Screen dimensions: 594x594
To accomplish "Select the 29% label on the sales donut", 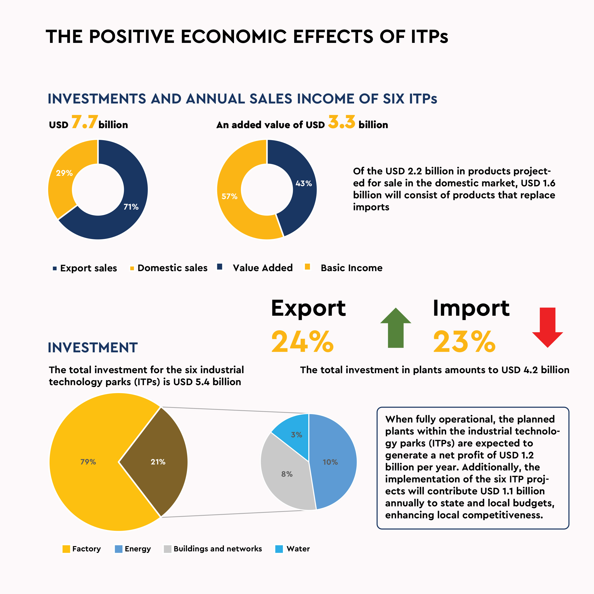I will click(64, 173).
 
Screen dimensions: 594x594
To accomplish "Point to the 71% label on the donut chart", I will click(131, 207).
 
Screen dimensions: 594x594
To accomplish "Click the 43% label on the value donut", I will click(304, 183).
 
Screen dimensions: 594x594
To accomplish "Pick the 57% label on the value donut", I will click(229, 196).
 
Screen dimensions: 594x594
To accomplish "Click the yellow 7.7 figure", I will click(85, 122).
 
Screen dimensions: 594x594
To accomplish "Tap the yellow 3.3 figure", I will click(342, 122).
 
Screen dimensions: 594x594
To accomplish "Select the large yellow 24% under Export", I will click(302, 342).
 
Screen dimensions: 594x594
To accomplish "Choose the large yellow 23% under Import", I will click(464, 342).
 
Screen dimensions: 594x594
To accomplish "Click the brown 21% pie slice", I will click(158, 462).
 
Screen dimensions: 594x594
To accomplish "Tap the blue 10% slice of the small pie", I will click(330, 462).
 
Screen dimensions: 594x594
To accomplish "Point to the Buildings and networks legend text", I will click(218, 549).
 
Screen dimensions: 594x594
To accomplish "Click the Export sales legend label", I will click(89, 268).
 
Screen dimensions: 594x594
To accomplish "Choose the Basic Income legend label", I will click(351, 268).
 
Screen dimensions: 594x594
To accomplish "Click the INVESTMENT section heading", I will click(92, 348).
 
